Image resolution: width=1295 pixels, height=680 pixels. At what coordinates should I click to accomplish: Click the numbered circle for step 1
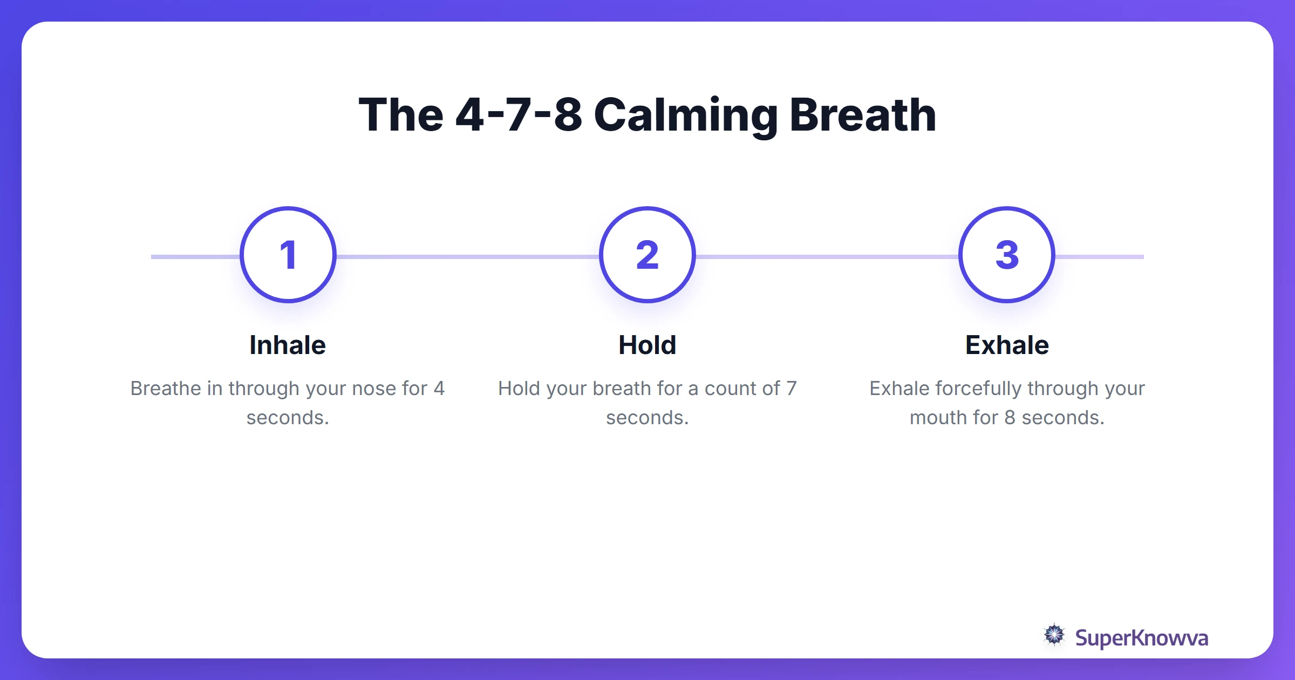point(288,255)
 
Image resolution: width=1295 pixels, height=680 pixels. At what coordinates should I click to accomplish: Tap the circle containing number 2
point(647,255)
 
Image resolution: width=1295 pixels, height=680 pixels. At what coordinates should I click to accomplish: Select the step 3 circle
point(1006,255)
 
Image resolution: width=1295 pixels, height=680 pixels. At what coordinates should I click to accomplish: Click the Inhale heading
point(288,345)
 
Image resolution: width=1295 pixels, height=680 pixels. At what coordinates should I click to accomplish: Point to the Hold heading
point(647,345)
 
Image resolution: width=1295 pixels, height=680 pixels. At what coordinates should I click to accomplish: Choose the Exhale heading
point(1007,345)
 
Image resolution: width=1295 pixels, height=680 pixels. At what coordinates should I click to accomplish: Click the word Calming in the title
point(685,115)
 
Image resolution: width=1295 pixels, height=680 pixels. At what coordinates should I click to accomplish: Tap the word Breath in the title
point(862,115)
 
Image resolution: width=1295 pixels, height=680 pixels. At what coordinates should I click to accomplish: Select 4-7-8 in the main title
point(519,115)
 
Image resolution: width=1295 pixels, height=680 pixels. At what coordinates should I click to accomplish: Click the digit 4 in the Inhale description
point(439,389)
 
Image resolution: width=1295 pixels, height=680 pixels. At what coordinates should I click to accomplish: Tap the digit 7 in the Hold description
point(791,389)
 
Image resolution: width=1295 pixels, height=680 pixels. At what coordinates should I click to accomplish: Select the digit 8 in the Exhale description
point(1010,418)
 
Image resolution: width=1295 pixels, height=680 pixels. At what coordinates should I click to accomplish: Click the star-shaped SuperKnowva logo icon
point(1054,635)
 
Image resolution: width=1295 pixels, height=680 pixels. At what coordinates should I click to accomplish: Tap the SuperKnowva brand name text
point(1141,638)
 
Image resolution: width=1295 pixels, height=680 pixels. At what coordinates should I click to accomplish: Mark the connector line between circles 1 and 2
point(467,257)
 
